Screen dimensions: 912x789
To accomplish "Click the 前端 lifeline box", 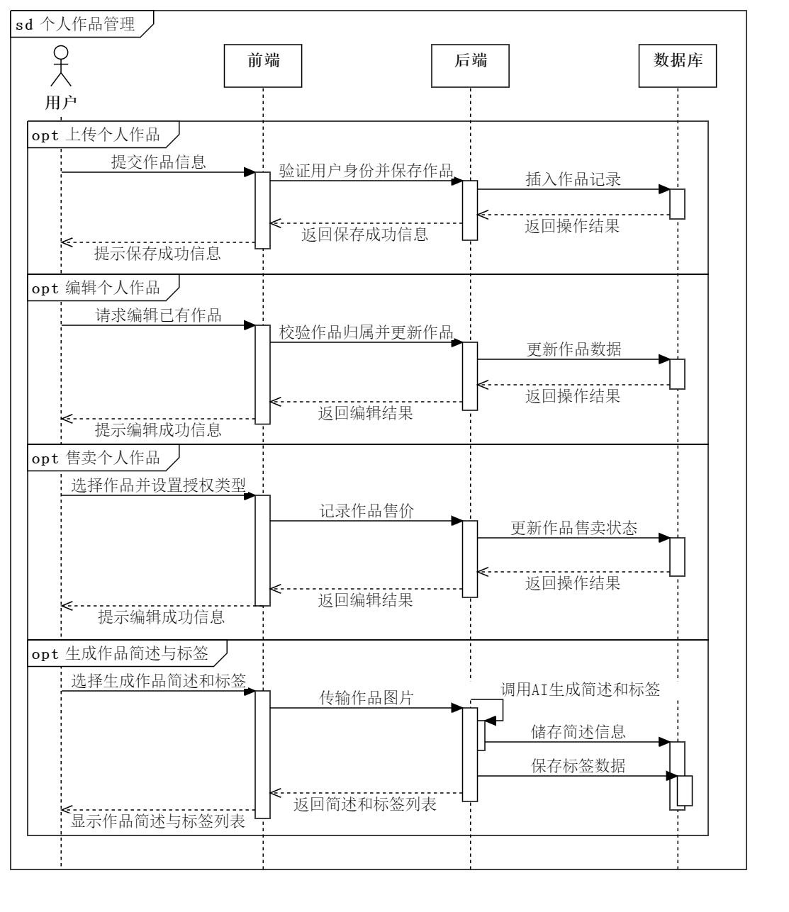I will (263, 66).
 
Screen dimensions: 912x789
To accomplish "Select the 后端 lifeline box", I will (470, 66).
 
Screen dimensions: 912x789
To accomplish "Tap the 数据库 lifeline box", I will (677, 66).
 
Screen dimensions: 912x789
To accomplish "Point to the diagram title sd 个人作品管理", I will (76, 25).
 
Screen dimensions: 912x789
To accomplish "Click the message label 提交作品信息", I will (159, 162).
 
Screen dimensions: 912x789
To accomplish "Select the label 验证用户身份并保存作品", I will (366, 171).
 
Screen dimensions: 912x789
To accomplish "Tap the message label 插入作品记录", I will (573, 179).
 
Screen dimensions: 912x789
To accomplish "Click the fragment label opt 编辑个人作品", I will (96, 288).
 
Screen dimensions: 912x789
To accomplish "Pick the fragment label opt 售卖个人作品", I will (96, 458).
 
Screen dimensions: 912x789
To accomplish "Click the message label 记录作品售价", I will (366, 511).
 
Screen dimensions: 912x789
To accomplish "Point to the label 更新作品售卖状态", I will (573, 528).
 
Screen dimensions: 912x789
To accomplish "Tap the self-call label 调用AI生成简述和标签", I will (580, 689).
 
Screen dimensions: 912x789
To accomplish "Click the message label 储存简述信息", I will (578, 732).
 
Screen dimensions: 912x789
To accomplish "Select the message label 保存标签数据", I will (578, 766).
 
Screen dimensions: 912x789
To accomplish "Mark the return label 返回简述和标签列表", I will (365, 804).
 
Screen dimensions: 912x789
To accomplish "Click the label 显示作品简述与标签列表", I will (158, 821).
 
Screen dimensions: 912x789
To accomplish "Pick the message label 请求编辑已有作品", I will (159, 315).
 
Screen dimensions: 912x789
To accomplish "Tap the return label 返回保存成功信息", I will (365, 234).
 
